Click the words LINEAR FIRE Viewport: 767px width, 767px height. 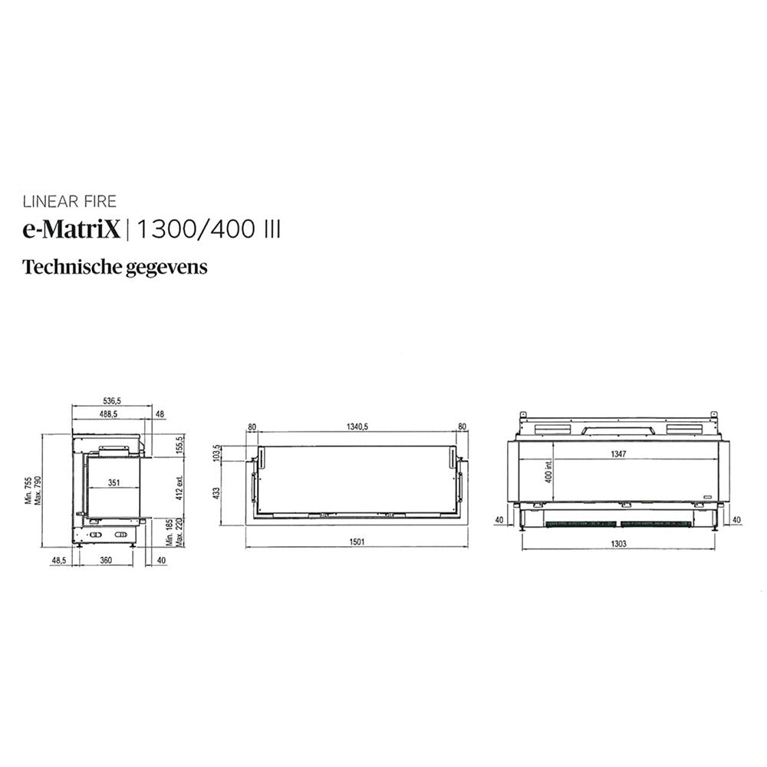pos(70,202)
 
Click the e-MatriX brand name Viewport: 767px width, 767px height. pos(71,229)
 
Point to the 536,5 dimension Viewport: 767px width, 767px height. pos(113,400)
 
